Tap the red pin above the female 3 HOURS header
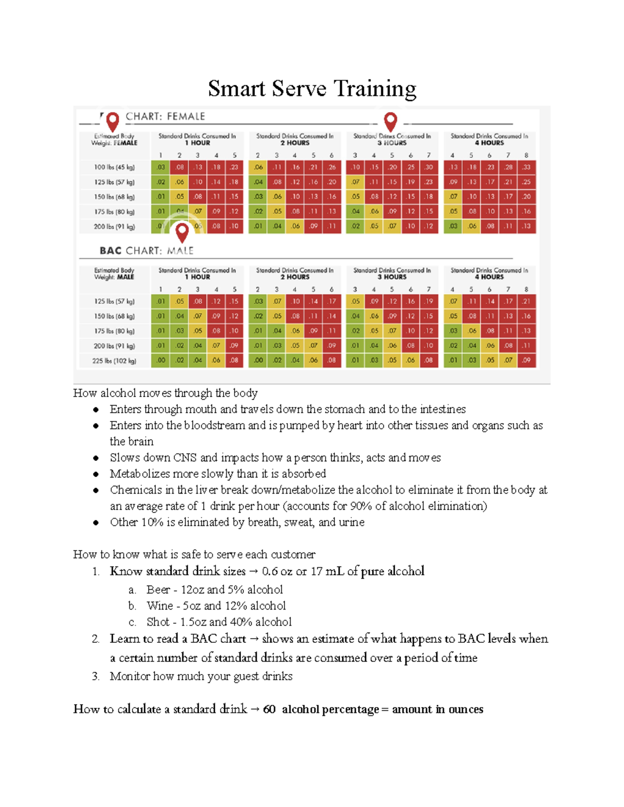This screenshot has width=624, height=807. coord(391,121)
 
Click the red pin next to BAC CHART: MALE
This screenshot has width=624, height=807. coord(182,232)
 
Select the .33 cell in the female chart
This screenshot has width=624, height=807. coord(526,167)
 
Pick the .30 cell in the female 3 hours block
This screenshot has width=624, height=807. coord(428,167)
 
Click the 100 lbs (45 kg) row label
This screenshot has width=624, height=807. coord(114,167)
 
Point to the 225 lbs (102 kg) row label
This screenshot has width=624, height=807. coord(114,361)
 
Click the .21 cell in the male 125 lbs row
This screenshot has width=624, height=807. coord(526,301)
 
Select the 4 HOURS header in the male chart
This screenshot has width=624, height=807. coord(489,277)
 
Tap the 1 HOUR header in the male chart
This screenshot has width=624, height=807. coord(198,277)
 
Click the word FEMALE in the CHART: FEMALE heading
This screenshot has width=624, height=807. coord(186,116)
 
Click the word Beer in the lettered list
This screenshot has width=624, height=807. coord(158,589)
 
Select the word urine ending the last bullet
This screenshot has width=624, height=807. coord(352,522)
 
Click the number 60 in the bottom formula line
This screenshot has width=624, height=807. coord(269,709)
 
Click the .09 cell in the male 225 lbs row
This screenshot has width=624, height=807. coord(526,361)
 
